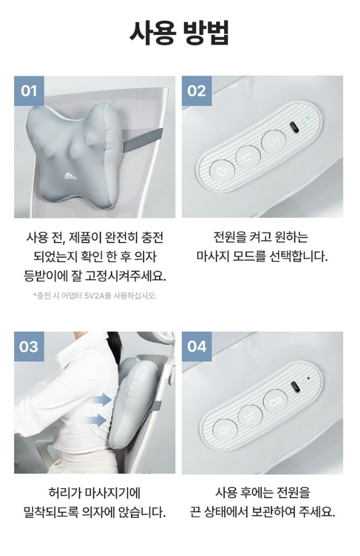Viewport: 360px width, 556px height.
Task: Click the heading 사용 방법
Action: click(179, 33)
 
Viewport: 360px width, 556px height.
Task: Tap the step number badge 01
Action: click(29, 91)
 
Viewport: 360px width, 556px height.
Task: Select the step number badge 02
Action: click(196, 91)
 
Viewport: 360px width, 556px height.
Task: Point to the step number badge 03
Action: click(29, 347)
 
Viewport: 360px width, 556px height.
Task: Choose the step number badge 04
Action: click(196, 347)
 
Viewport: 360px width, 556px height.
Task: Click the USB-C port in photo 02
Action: click(294, 127)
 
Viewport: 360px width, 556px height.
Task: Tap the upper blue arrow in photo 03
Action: click(101, 400)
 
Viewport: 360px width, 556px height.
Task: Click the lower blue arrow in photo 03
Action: click(97, 420)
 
